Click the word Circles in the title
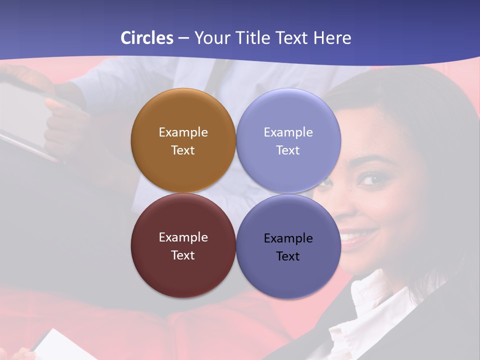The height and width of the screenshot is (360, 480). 147,38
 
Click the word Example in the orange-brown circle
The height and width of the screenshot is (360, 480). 183,132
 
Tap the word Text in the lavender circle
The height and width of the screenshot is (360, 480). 288,150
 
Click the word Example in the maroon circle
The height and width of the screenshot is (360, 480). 183,237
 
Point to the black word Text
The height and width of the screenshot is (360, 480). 288,256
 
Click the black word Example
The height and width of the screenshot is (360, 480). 288,238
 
